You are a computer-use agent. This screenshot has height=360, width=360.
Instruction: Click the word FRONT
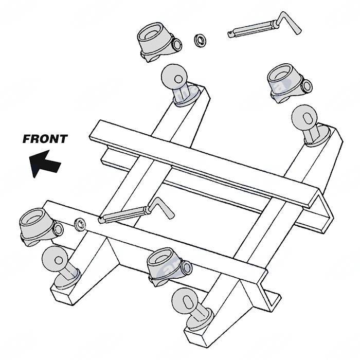click(x=45, y=138)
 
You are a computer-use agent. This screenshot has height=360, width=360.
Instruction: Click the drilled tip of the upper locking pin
click(x=230, y=34)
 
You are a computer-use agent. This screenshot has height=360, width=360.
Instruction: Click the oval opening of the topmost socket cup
click(x=155, y=34)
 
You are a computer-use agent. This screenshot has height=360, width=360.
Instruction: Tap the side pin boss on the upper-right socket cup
click(x=307, y=85)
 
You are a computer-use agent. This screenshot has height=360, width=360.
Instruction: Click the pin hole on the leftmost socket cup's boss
click(x=59, y=229)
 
